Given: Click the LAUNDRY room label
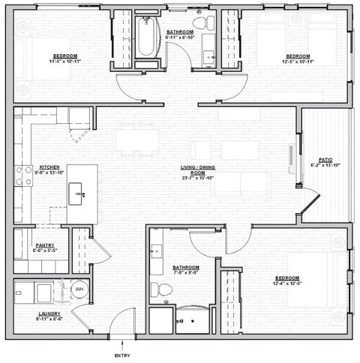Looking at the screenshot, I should point(33,313).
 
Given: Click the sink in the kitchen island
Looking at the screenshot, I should point(79,193).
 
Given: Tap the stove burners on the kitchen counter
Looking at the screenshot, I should point(20,175).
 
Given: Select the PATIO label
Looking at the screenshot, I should point(325,160).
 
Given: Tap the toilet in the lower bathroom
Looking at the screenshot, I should point(157,289).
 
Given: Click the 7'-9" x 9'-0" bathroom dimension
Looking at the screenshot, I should point(185,274).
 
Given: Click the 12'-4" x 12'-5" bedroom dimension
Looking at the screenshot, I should point(286,284).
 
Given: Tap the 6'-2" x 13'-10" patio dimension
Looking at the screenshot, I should point(325,166).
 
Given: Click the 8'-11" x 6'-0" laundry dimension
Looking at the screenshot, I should point(33,319).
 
